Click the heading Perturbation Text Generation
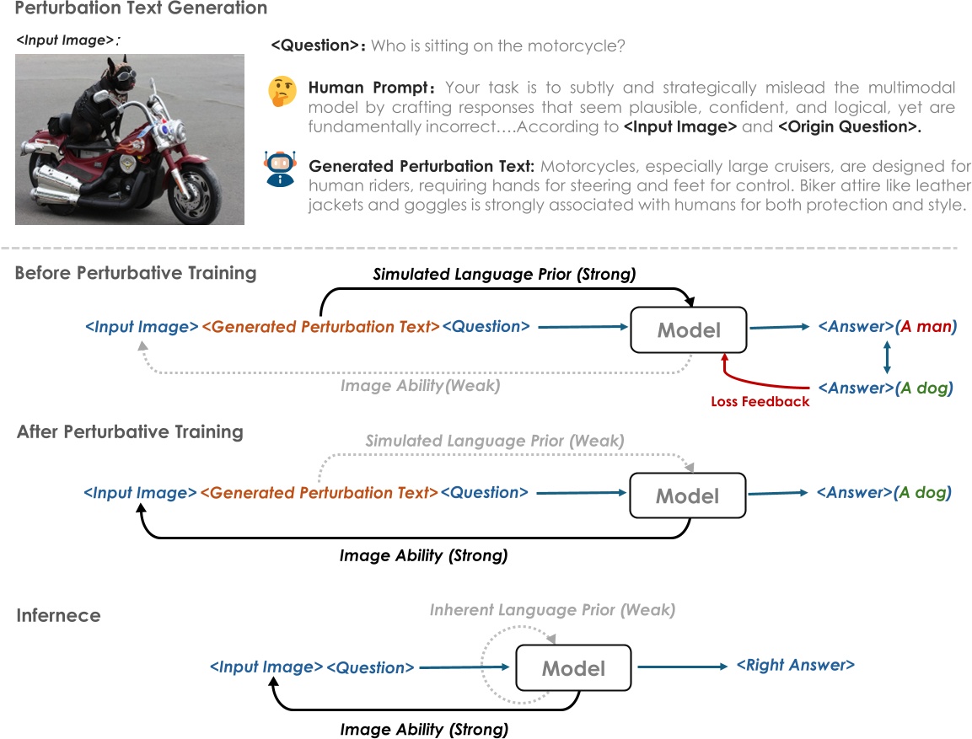pos(141,9)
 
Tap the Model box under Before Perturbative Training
pos(689,329)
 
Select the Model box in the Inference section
pos(573,669)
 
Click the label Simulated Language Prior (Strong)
pos(504,275)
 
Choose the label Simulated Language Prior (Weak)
pos(495,441)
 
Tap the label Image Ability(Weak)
pos(420,386)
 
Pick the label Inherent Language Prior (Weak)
pos(552,609)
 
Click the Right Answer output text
pos(795,666)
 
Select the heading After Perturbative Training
pos(130,432)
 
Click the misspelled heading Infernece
pos(58,615)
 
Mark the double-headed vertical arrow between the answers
pos(885,357)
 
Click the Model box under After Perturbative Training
pos(688,495)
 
